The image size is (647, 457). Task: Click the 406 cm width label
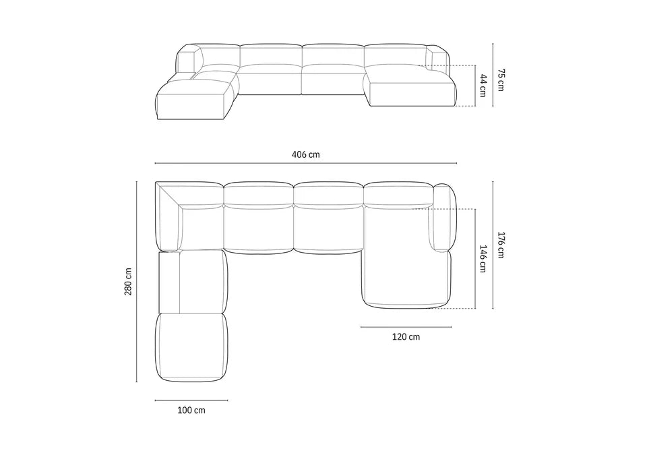tap(305, 154)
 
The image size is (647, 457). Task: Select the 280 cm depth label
tap(129, 281)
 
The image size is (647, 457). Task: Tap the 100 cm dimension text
tap(191, 410)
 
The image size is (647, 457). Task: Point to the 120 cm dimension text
tap(405, 336)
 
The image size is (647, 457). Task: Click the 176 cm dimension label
tap(501, 245)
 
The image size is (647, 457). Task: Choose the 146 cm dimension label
tap(483, 258)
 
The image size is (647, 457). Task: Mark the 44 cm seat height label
tap(483, 86)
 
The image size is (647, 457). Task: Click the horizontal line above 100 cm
tap(191, 400)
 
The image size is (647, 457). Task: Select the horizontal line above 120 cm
tap(396, 327)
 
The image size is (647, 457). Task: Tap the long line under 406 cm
tap(305, 163)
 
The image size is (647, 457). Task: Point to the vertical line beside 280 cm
tap(137, 282)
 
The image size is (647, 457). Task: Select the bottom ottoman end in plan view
tap(191, 348)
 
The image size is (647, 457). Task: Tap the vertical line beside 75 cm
tap(493, 75)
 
